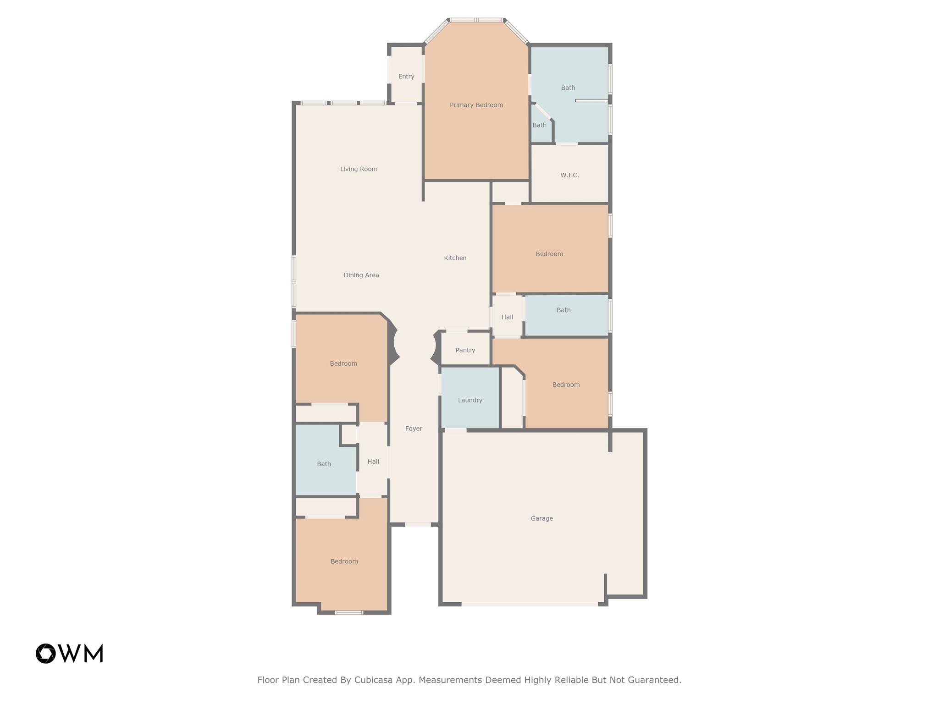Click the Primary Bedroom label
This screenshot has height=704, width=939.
tap(476, 105)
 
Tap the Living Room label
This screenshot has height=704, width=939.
tap(359, 169)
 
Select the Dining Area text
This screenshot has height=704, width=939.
tap(361, 275)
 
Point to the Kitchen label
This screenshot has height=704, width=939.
tap(455, 258)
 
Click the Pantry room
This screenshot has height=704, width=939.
tap(465, 349)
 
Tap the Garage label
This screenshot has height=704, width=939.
tap(542, 518)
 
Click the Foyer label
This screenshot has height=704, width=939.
tap(414, 429)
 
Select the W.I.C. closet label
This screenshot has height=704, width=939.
tap(569, 175)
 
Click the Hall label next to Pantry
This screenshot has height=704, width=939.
tap(507, 317)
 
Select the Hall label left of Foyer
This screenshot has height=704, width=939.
tap(373, 462)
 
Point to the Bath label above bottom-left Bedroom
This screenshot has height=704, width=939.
tap(324, 464)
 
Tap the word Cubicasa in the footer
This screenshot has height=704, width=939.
tap(374, 680)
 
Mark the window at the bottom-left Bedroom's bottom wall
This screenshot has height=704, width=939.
tap(349, 612)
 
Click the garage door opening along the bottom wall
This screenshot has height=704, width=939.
tap(530, 604)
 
